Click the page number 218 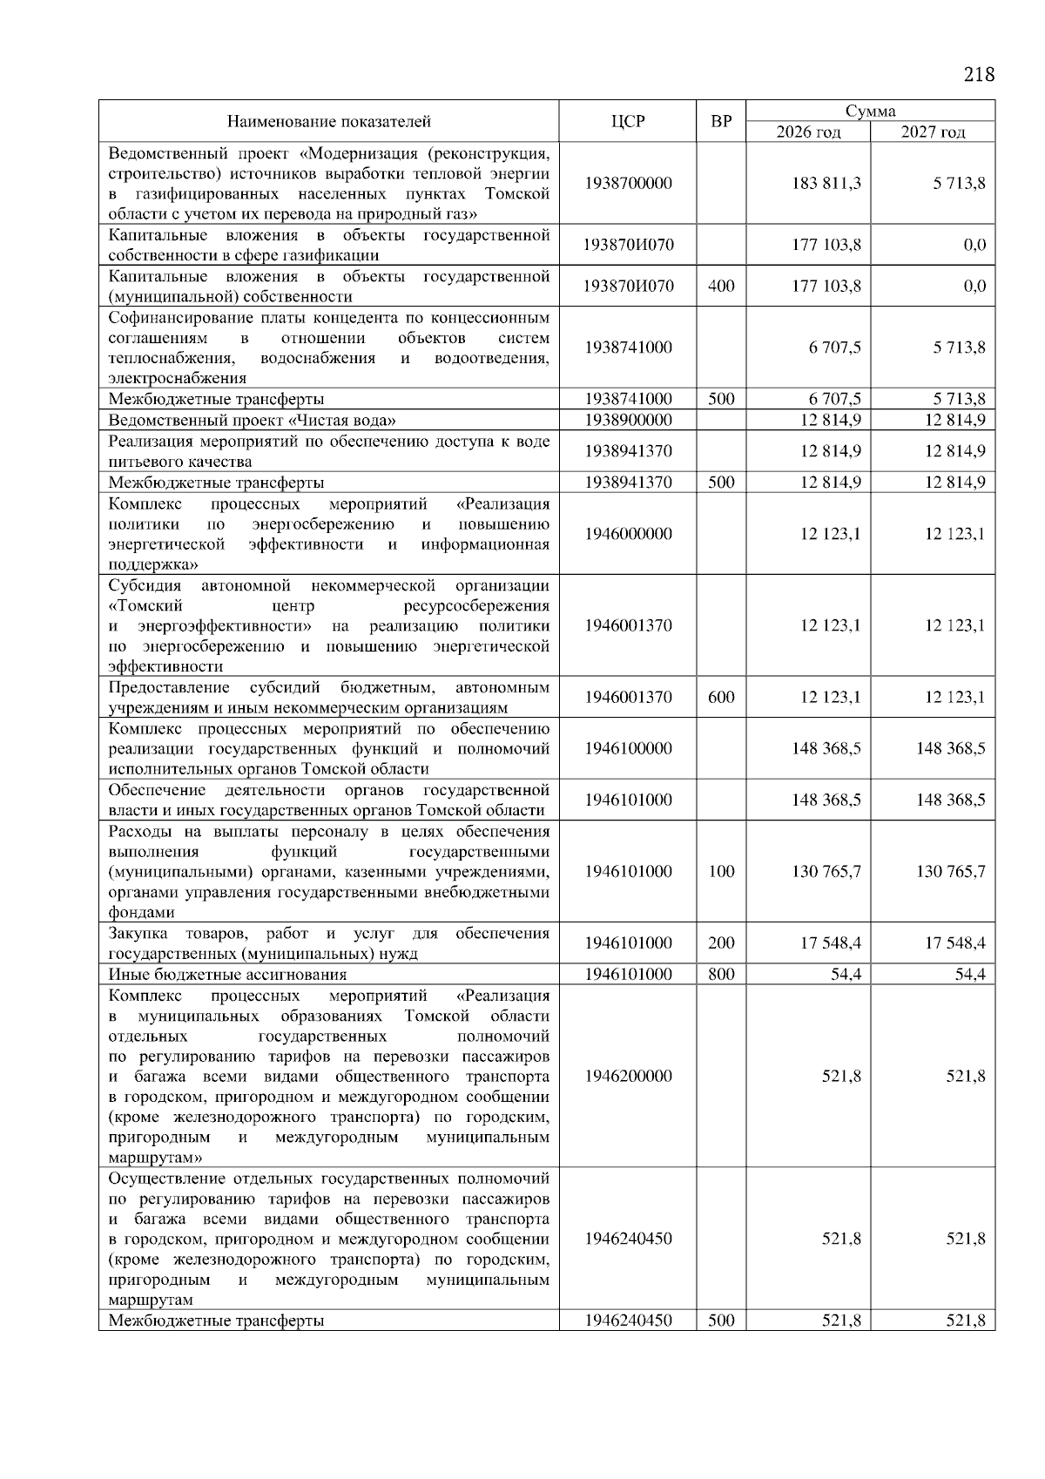pyautogui.click(x=979, y=74)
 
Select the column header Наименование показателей pyautogui.click(x=329, y=122)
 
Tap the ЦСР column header pyautogui.click(x=628, y=122)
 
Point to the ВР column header pyautogui.click(x=721, y=122)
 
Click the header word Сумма pyautogui.click(x=870, y=111)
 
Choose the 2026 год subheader pyautogui.click(x=809, y=132)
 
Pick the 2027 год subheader pyautogui.click(x=933, y=132)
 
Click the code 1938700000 pyautogui.click(x=628, y=184)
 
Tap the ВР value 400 pyautogui.click(x=721, y=287)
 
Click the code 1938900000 pyautogui.click(x=628, y=420)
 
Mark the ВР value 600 pyautogui.click(x=721, y=697)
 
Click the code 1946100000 pyautogui.click(x=628, y=748)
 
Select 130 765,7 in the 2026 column pyautogui.click(x=826, y=871)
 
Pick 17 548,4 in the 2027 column pyautogui.click(x=950, y=943)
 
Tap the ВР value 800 pyautogui.click(x=721, y=975)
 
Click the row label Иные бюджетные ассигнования pyautogui.click(x=227, y=975)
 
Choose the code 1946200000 pyautogui.click(x=628, y=1077)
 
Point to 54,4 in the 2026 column pyautogui.click(x=846, y=975)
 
